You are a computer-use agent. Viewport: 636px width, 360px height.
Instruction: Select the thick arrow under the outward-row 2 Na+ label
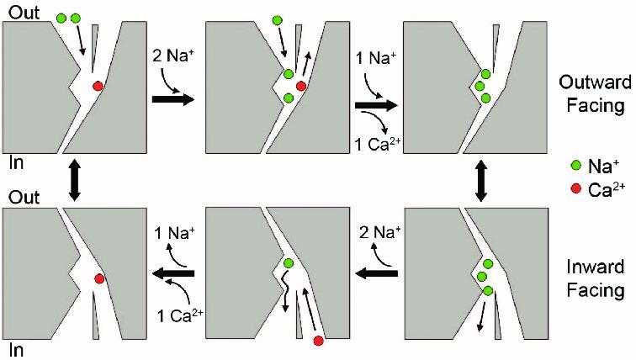click(172, 99)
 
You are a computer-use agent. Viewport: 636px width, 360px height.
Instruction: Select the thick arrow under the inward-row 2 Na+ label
click(376, 273)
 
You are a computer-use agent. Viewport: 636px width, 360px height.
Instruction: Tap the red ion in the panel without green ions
click(98, 279)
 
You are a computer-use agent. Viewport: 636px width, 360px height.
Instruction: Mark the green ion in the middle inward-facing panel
click(288, 263)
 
